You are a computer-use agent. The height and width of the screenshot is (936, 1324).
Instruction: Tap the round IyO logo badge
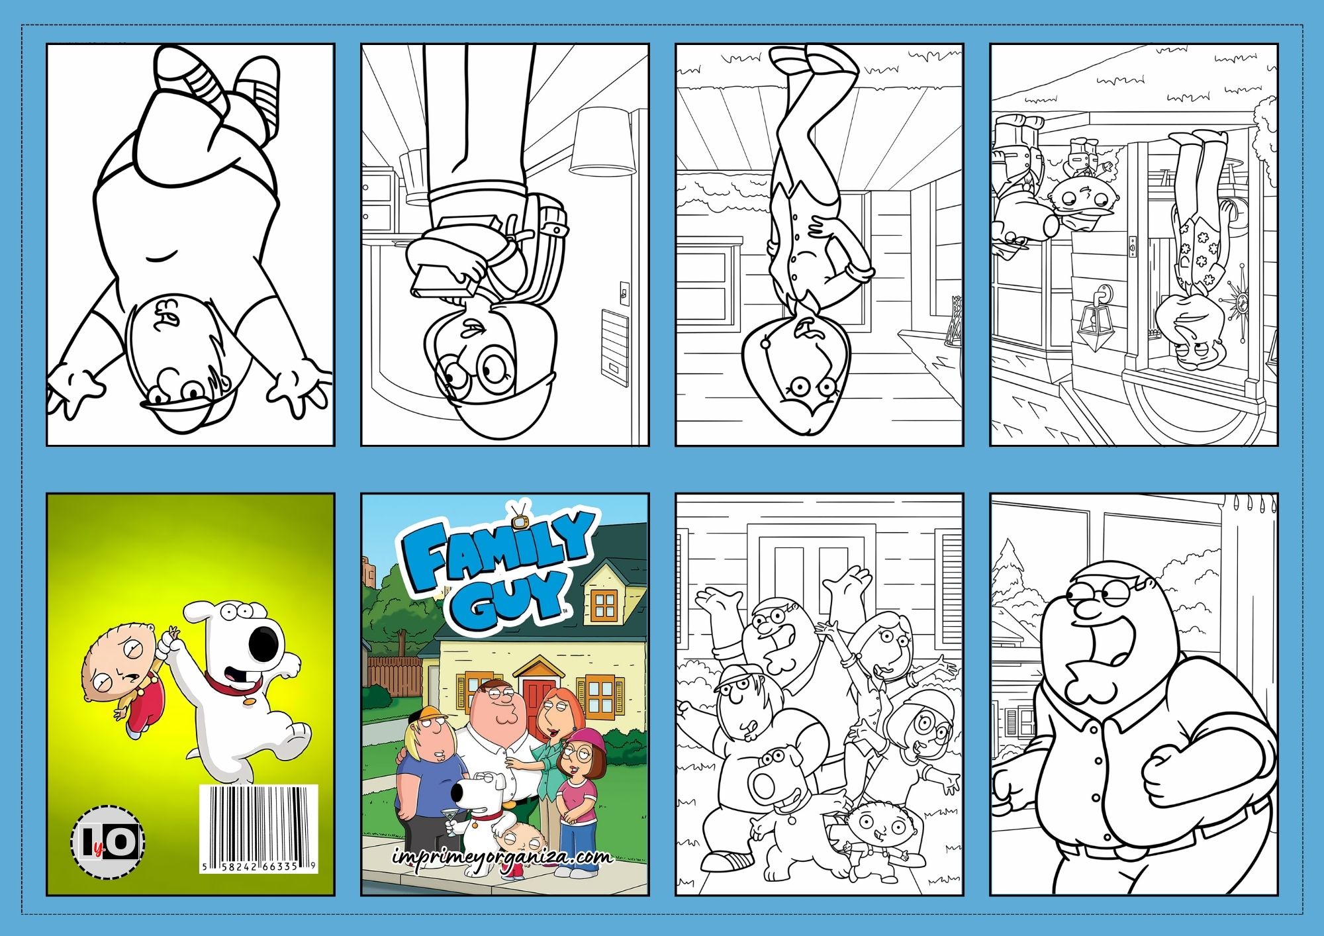[108, 842]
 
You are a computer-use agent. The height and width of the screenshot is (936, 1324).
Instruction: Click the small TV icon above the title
[518, 517]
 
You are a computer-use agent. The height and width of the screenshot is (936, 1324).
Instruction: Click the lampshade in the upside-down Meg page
[602, 142]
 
